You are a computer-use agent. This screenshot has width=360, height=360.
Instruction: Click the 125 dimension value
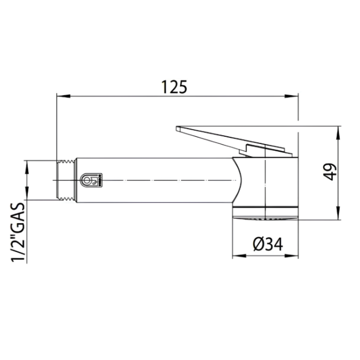174,87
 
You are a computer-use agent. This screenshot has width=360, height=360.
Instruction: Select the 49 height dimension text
331,172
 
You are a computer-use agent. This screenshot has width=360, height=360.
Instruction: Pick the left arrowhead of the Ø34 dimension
235,256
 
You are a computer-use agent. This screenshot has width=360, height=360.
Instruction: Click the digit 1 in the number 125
164,87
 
